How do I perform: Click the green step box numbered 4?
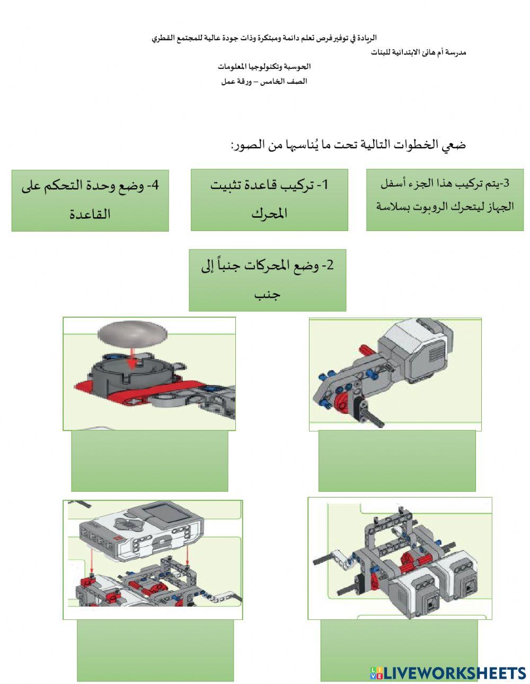(90, 200)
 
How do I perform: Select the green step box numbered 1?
(269, 200)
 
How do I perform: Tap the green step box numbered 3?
(445, 200)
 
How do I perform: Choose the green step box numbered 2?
(267, 280)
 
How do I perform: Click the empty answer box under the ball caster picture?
(149, 460)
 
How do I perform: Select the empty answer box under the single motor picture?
(396, 460)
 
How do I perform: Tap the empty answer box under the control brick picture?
(155, 650)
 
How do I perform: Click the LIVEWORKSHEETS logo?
(448, 673)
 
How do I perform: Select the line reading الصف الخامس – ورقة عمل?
(264, 82)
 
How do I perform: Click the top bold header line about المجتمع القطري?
(264, 39)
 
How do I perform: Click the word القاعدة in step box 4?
(90, 214)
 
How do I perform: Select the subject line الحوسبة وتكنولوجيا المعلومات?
(264, 67)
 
